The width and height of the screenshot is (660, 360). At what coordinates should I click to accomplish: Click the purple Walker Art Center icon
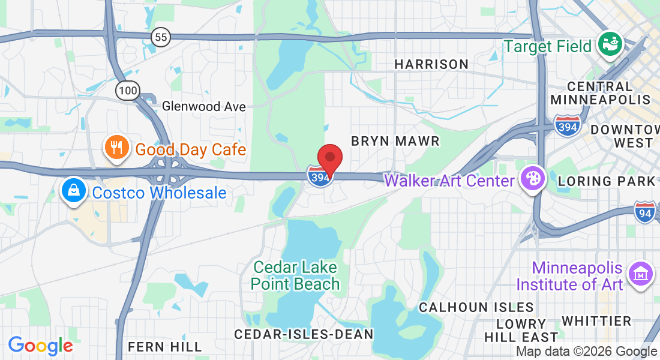(532, 179)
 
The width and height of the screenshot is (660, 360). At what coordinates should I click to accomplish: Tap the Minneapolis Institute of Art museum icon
(640, 274)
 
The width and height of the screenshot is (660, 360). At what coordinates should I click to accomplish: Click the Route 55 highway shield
(161, 37)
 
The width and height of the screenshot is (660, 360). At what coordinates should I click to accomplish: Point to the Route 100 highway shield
(128, 91)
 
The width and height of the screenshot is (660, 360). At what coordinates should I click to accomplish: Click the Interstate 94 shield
(645, 212)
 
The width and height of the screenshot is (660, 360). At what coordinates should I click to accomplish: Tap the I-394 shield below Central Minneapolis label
(567, 125)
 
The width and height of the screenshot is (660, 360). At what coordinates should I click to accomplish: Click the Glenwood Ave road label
(204, 107)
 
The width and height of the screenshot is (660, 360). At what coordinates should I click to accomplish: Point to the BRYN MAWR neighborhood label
(395, 141)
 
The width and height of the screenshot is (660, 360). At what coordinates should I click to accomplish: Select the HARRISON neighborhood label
(431, 64)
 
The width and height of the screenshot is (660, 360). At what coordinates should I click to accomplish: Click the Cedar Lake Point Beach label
(295, 275)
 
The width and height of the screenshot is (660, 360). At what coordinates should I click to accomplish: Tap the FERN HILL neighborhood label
(165, 347)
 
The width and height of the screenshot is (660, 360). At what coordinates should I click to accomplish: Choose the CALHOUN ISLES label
(476, 307)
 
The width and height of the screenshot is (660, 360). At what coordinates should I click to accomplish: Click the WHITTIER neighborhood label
(597, 321)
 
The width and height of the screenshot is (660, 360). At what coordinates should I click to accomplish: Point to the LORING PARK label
(606, 181)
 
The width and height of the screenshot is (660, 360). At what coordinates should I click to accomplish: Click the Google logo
(40, 346)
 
